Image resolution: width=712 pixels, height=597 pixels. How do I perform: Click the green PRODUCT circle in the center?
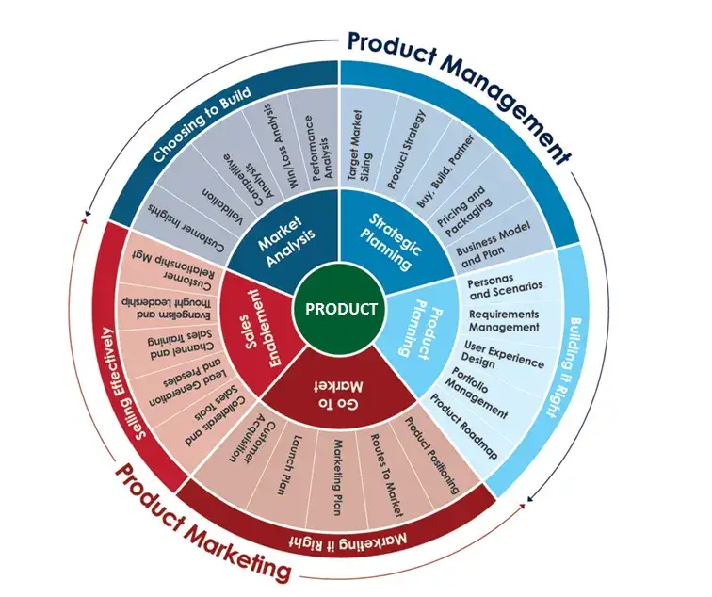tap(341, 309)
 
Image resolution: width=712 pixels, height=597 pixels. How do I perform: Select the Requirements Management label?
tap(504, 320)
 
